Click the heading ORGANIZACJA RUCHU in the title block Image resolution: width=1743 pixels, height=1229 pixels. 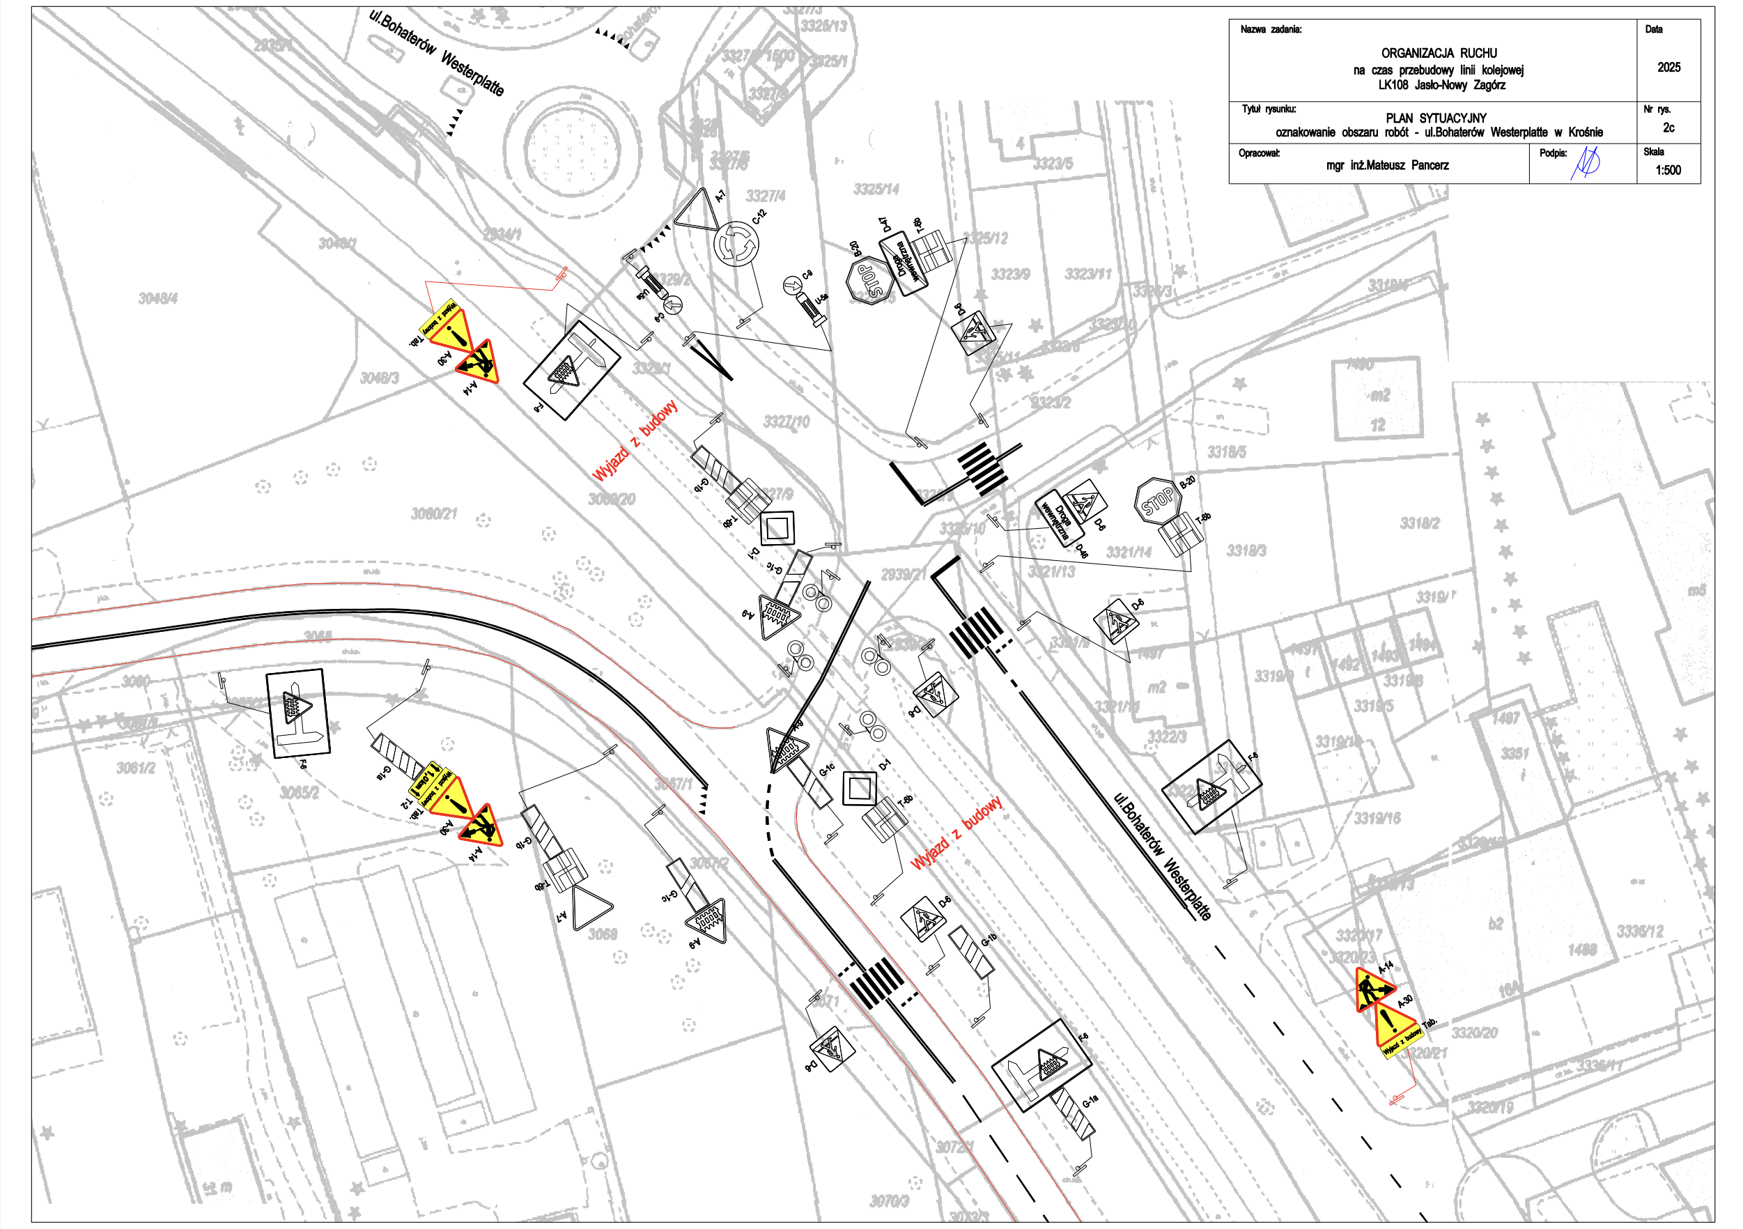(x=1439, y=53)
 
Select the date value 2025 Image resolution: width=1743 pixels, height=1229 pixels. (x=1668, y=68)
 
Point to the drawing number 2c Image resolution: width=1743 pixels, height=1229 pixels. (x=1668, y=127)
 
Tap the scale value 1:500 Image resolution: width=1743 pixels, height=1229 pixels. (x=1668, y=170)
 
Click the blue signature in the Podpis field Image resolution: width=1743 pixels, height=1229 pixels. (x=1585, y=163)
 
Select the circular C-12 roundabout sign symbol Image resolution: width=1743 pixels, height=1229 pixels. (x=736, y=244)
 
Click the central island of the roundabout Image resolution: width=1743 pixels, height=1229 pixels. (x=582, y=144)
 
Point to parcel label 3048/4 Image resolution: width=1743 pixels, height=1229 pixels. (x=158, y=298)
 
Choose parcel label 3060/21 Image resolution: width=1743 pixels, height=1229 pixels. (x=434, y=514)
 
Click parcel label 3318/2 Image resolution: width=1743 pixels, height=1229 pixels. (x=1420, y=523)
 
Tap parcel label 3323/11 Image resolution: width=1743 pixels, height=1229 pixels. (x=1088, y=274)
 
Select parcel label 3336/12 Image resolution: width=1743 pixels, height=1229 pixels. (x=1640, y=932)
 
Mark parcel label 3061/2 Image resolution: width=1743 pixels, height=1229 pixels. (x=136, y=768)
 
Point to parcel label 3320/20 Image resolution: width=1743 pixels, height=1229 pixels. (x=1474, y=1033)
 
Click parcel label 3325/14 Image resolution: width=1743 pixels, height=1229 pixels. (x=876, y=188)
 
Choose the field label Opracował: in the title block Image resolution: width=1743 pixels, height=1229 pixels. (x=1260, y=153)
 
